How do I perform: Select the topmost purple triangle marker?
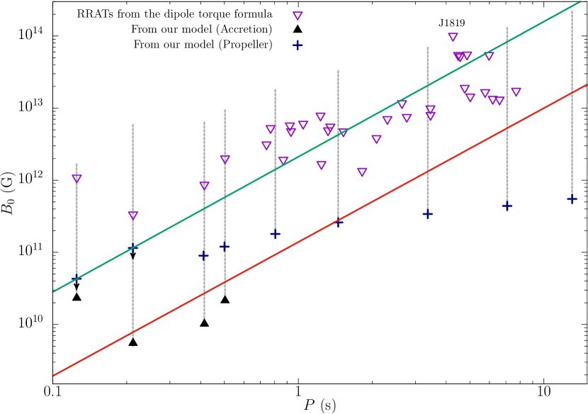click(x=298, y=16)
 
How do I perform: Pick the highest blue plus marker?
click(x=298, y=45)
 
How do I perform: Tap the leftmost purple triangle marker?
click(x=77, y=179)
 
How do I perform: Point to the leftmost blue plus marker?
click(x=76, y=278)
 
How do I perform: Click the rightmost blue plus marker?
click(x=572, y=199)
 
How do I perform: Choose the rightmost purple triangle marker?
click(x=516, y=92)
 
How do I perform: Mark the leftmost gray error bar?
click(x=77, y=227)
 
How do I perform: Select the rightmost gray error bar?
click(x=572, y=106)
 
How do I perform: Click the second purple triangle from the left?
click(x=133, y=216)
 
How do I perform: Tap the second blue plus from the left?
click(x=132, y=247)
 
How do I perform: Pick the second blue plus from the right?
click(x=507, y=206)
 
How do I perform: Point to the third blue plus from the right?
click(x=428, y=214)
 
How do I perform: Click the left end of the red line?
click(x=53, y=375)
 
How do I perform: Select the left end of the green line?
click(x=53, y=291)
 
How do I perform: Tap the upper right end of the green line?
click(x=580, y=2)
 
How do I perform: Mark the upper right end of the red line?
click(x=586, y=85)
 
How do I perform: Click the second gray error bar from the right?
click(x=507, y=113)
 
